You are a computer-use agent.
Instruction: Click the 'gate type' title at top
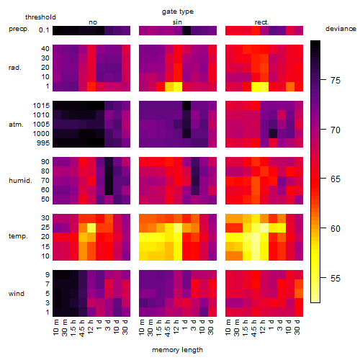pyautogui.click(x=178, y=12)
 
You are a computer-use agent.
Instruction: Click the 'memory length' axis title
pyautogui.click(x=177, y=350)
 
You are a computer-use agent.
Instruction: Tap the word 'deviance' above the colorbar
pyautogui.click(x=341, y=29)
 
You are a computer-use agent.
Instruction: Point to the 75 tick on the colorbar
pyautogui.click(x=323, y=80)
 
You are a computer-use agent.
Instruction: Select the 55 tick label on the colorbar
pyautogui.click(x=336, y=279)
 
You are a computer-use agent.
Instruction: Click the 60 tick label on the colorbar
pyautogui.click(x=336, y=228)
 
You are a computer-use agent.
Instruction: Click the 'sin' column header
pyautogui.click(x=177, y=22)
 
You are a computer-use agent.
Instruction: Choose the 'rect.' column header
pyautogui.click(x=262, y=22)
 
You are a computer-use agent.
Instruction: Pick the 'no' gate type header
pyautogui.click(x=93, y=22)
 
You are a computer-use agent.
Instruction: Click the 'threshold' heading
pyautogui.click(x=40, y=17)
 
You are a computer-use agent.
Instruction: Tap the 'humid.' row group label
pyautogui.click(x=20, y=181)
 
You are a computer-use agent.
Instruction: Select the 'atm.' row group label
pyautogui.click(x=16, y=125)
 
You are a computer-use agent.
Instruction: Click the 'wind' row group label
pyautogui.click(x=17, y=294)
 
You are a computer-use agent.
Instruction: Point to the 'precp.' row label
pyautogui.click(x=19, y=29)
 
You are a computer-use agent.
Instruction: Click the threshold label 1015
pyautogui.click(x=41, y=106)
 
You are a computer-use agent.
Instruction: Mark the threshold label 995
pyautogui.click(x=43, y=143)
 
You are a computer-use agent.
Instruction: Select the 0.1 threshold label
pyautogui.click(x=44, y=30)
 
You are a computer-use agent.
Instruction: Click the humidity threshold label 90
pyautogui.click(x=45, y=162)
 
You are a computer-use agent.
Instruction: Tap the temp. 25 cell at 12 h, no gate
pyautogui.click(x=91, y=228)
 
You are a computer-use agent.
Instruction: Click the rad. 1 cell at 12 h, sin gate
pyautogui.click(x=178, y=86)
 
